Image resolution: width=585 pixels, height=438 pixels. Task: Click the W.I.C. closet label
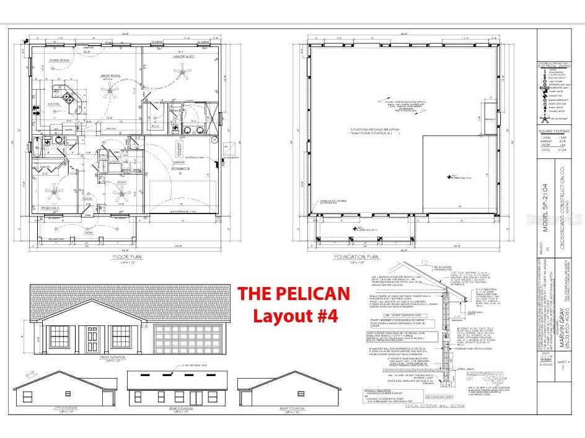point(156,126)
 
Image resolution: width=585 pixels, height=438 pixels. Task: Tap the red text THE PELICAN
point(294,293)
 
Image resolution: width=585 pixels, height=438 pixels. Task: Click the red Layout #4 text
point(294,316)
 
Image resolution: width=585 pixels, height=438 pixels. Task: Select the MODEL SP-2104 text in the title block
point(546,207)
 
